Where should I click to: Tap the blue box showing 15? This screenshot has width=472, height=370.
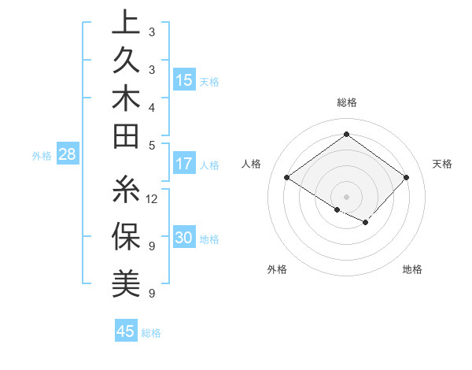(x=184, y=80)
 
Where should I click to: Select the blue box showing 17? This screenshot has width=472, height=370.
(x=184, y=165)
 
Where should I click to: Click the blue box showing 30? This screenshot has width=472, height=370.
(x=184, y=239)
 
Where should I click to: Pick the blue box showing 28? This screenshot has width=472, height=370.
(x=68, y=155)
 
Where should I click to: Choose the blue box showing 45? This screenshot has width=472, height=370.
(x=126, y=331)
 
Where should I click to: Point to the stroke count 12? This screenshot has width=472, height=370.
(x=153, y=198)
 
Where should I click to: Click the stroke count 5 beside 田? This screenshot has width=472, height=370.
(x=151, y=144)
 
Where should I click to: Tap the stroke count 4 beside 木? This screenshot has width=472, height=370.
(x=151, y=107)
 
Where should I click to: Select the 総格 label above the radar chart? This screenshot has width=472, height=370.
(x=346, y=102)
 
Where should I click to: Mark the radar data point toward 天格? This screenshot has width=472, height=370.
(x=406, y=178)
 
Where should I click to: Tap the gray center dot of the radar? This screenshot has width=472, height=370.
(x=346, y=196)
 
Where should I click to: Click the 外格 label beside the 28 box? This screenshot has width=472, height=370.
(x=42, y=156)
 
